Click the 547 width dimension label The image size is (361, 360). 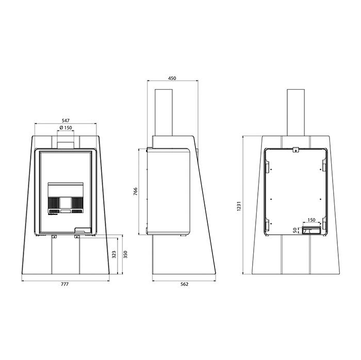point(65,121)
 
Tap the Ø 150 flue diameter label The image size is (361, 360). point(65,128)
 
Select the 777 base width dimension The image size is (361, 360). point(64,284)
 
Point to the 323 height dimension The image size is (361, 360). point(114,254)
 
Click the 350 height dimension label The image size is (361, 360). point(125,254)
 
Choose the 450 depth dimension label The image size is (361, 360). point(172,78)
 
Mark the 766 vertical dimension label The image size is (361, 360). point(135,192)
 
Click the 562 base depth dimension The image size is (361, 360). point(185,284)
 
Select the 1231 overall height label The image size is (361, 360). point(239,206)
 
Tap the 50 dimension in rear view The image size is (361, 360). point(295,230)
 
